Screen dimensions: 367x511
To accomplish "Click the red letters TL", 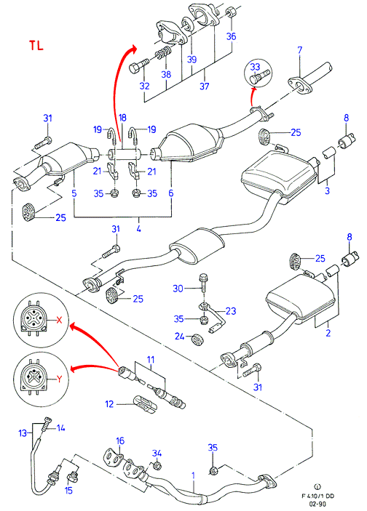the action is tap(36, 45).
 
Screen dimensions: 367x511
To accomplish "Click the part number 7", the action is tap(300, 50).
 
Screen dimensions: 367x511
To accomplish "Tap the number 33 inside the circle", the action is tap(255, 67).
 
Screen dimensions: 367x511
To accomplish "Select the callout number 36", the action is tap(231, 36).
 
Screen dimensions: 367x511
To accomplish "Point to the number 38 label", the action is tap(166, 74).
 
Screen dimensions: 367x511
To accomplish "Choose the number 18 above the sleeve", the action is tap(122, 118).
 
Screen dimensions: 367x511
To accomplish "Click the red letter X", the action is tap(59, 321).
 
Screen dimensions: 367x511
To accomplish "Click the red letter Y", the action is tap(59, 379).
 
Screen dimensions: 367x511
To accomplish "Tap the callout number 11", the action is tap(151, 360).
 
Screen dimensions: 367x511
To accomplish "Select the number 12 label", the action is tap(109, 404).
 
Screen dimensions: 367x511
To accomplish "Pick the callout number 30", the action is tap(178, 289).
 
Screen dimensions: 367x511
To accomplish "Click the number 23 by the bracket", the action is tap(231, 311).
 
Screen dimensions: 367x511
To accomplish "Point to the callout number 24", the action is tap(180, 336).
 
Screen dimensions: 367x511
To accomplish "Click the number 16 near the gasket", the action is tap(120, 441).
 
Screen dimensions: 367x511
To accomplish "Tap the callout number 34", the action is tap(157, 454).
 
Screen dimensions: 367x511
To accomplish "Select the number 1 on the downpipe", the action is tap(193, 475).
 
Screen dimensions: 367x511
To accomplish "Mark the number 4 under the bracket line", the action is tap(139, 228).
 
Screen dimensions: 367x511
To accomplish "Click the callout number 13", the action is tap(23, 433).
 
